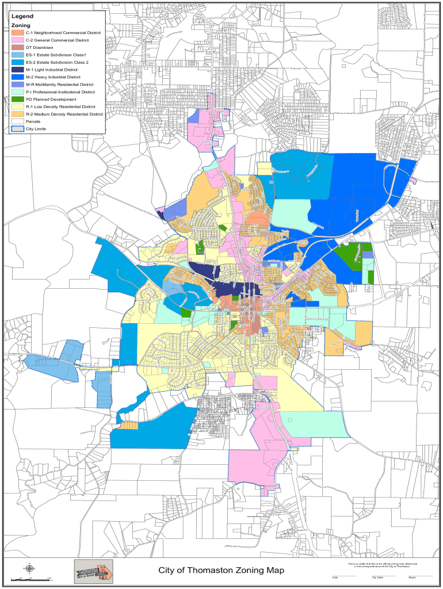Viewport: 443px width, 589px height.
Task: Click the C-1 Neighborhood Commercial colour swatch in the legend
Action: [x=18, y=33]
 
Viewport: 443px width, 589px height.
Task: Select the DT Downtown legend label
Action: [x=39, y=47]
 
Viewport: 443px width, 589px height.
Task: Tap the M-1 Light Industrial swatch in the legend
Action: [x=18, y=70]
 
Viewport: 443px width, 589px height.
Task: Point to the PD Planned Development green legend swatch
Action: [x=18, y=100]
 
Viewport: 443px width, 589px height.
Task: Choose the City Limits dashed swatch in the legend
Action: [x=18, y=129]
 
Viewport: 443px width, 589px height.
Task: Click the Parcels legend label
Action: [x=33, y=122]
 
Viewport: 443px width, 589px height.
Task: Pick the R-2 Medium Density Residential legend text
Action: [x=64, y=114]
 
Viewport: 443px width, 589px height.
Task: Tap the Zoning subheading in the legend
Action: [x=21, y=26]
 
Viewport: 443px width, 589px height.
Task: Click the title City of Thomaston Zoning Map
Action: [x=221, y=570]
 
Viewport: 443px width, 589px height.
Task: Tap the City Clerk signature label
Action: [x=378, y=577]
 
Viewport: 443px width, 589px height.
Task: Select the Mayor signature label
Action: [x=413, y=577]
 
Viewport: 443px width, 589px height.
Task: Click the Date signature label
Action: [x=334, y=577]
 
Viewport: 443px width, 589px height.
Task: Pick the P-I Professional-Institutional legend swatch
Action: [x=18, y=92]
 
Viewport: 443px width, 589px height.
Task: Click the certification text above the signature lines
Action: [x=383, y=565]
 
